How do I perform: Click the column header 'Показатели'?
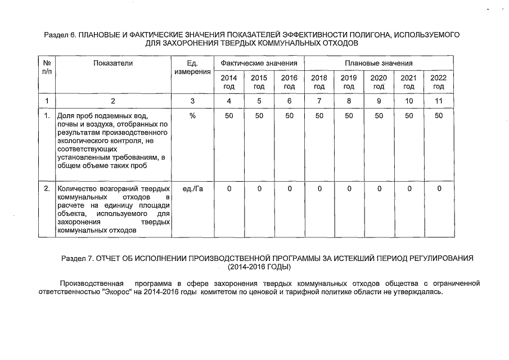pos(114,64)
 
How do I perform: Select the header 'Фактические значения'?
pos(259,64)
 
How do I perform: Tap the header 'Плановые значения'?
pos(379,64)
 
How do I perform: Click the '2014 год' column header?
pos(229,82)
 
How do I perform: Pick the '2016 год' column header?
pos(289,82)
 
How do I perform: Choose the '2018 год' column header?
pos(319,82)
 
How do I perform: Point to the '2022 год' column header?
pos(439,82)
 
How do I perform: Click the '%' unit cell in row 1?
pos(192,115)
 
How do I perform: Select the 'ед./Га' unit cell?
pos(192,189)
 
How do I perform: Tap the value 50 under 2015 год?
pos(259,115)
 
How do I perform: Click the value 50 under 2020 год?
pos(379,115)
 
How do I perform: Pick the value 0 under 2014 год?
pos(229,189)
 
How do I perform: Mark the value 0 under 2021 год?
pos(409,189)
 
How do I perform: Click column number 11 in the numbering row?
pos(439,101)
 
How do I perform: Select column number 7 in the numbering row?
pos(319,101)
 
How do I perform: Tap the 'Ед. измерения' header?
pos(192,68)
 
